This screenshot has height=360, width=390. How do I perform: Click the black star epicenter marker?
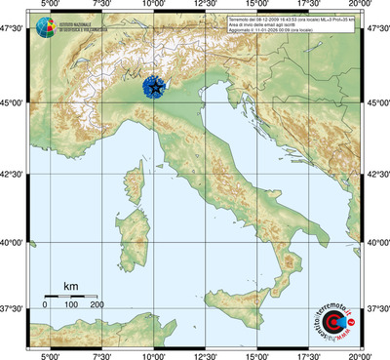[x=156, y=89]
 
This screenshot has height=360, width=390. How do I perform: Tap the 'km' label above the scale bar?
[x=70, y=287]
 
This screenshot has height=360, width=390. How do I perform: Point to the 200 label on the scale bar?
[x=97, y=305]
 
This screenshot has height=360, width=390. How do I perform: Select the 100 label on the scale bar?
[x=71, y=305]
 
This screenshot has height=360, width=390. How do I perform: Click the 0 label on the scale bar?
[x=45, y=305]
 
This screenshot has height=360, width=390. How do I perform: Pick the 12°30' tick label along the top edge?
[x=204, y=8]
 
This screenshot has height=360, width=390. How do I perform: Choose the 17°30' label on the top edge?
[x=308, y=8]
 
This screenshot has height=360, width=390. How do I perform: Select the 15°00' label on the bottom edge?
[x=256, y=354]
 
